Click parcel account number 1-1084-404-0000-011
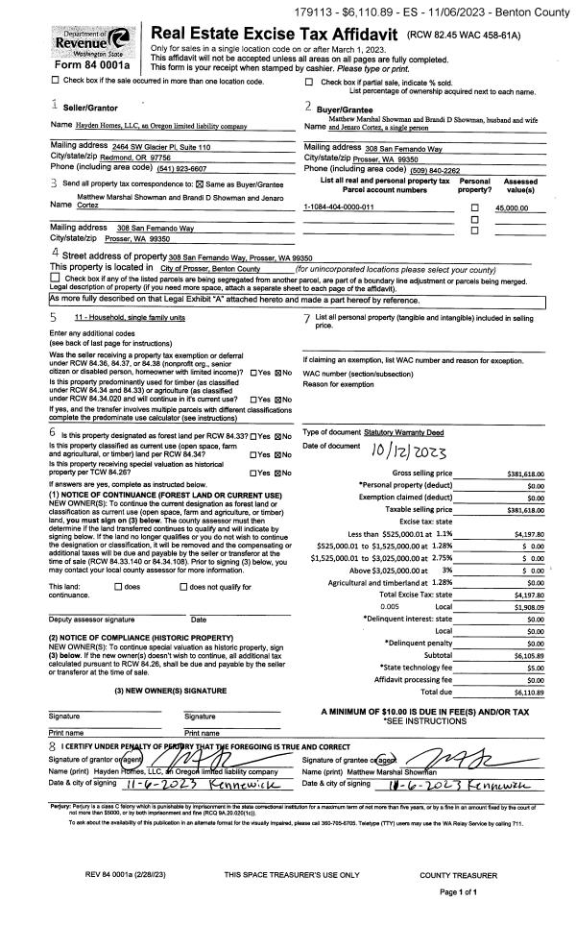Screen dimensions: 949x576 (x=339, y=207)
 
